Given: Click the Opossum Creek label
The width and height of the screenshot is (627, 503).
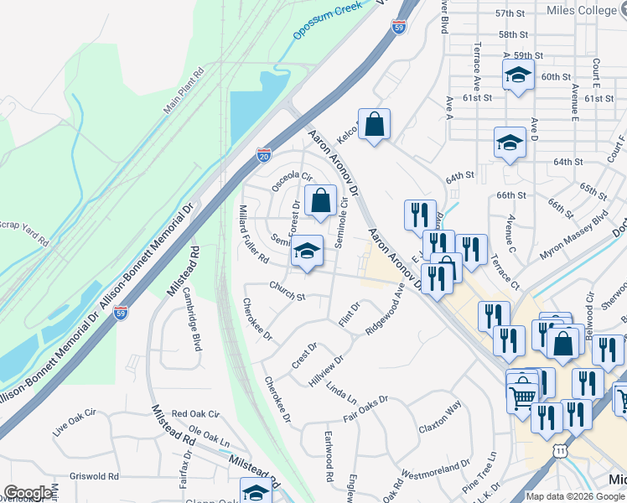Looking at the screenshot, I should pyautogui.click(x=328, y=19).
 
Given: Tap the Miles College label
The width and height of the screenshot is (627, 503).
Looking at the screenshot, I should pyautogui.click(x=581, y=10).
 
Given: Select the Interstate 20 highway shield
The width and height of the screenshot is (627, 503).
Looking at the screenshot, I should pyautogui.click(x=264, y=154).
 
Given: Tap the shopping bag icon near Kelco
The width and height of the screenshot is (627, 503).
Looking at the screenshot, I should pyautogui.click(x=374, y=124).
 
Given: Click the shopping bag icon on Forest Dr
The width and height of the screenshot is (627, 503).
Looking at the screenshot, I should pyautogui.click(x=319, y=200).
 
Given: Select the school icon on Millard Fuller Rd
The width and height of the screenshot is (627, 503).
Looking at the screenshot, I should pyautogui.click(x=308, y=251).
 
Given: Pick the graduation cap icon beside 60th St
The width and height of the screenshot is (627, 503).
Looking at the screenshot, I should pyautogui.click(x=518, y=75).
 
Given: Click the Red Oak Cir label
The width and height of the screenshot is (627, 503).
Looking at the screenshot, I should pyautogui.click(x=194, y=414).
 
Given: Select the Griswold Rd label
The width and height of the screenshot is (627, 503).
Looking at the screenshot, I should pyautogui.click(x=95, y=476).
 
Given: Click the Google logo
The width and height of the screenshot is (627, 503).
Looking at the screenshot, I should pyautogui.click(x=28, y=493).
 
